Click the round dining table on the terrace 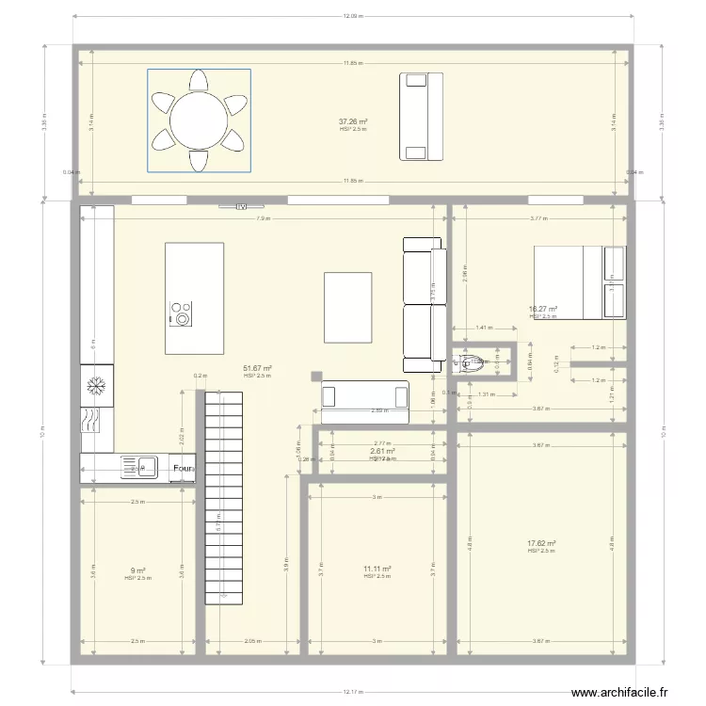199,120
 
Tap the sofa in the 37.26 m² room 421,116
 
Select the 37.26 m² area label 353,121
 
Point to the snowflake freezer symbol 96,385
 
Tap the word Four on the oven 183,467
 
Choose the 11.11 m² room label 377,569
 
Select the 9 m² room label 137,570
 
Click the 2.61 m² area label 381,451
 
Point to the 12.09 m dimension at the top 353,16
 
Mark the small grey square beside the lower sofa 315,377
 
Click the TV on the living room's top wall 241,205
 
